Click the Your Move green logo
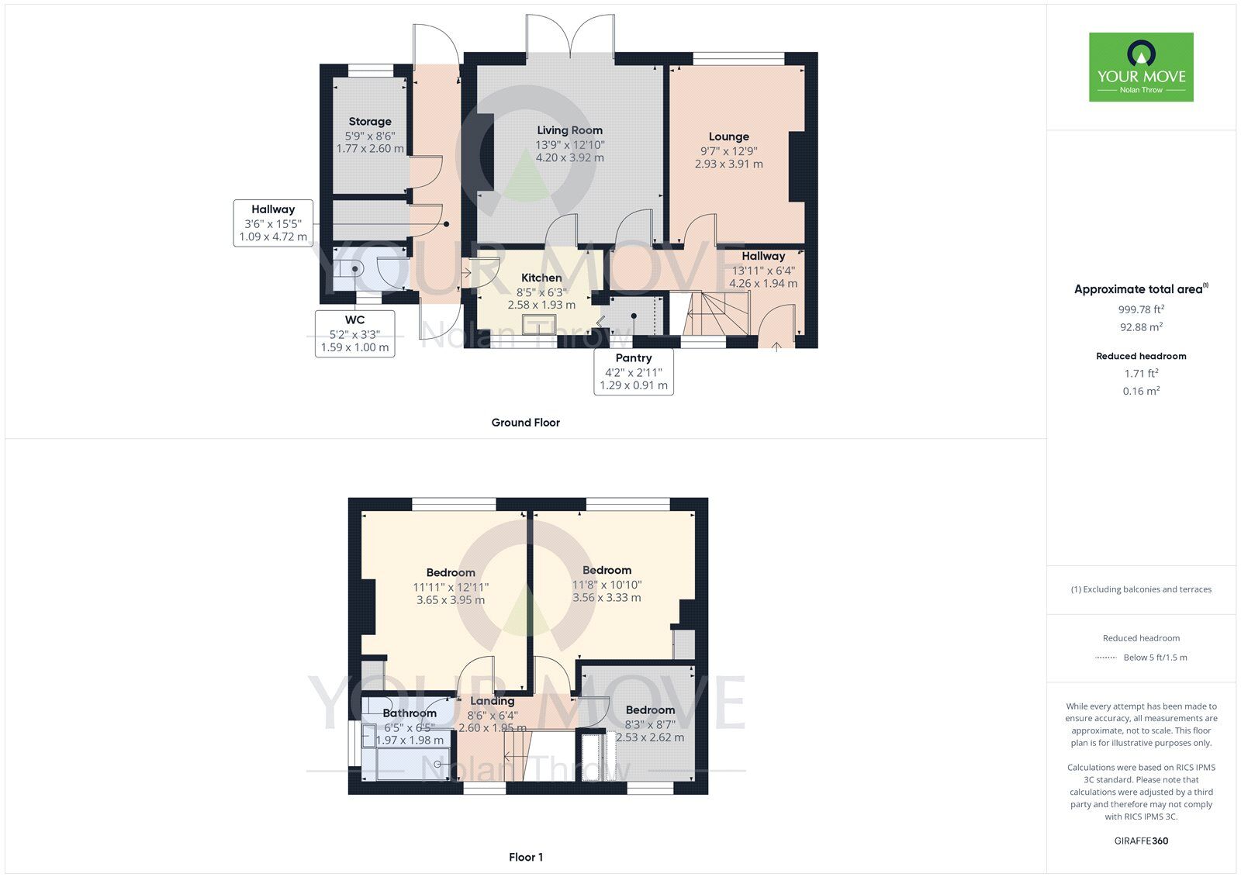tap(1141, 67)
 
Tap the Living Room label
tap(569, 130)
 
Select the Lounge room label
tap(728, 136)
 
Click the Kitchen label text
tap(541, 278)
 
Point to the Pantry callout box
tap(634, 371)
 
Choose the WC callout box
tap(354, 333)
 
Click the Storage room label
tap(370, 122)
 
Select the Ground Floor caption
tap(525, 423)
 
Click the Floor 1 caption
tap(526, 857)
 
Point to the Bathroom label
tap(410, 713)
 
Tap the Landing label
tap(492, 701)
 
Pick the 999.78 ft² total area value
tap(1141, 309)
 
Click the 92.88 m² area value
tap(1141, 327)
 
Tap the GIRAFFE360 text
tap(1141, 841)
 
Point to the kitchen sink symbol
tap(534, 325)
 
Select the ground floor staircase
tap(709, 313)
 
